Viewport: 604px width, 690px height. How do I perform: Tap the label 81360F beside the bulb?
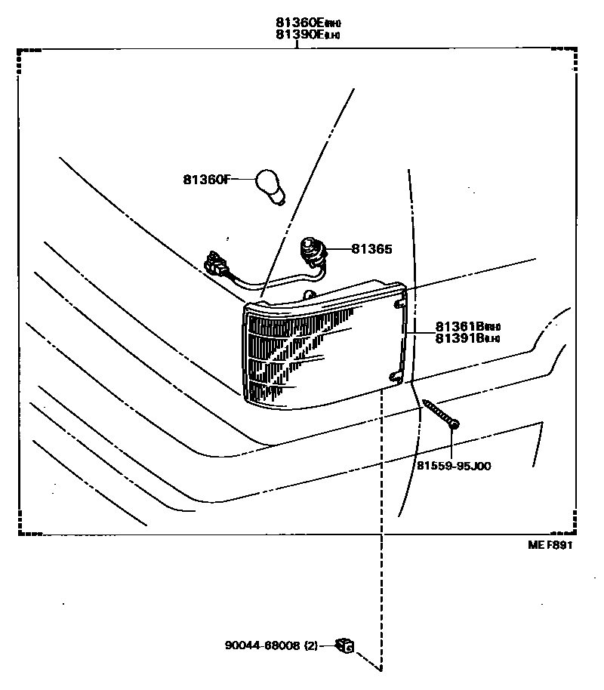(205, 180)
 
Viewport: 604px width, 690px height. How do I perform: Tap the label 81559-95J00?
(454, 466)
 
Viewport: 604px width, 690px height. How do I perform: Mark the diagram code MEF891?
(550, 546)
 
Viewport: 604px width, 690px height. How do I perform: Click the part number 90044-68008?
(262, 645)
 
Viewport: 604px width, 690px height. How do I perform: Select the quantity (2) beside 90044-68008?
(311, 645)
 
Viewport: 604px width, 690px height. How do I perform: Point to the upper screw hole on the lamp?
(399, 304)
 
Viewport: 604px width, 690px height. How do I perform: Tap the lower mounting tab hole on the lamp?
(393, 375)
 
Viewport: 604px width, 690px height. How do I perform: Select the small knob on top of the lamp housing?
(307, 294)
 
